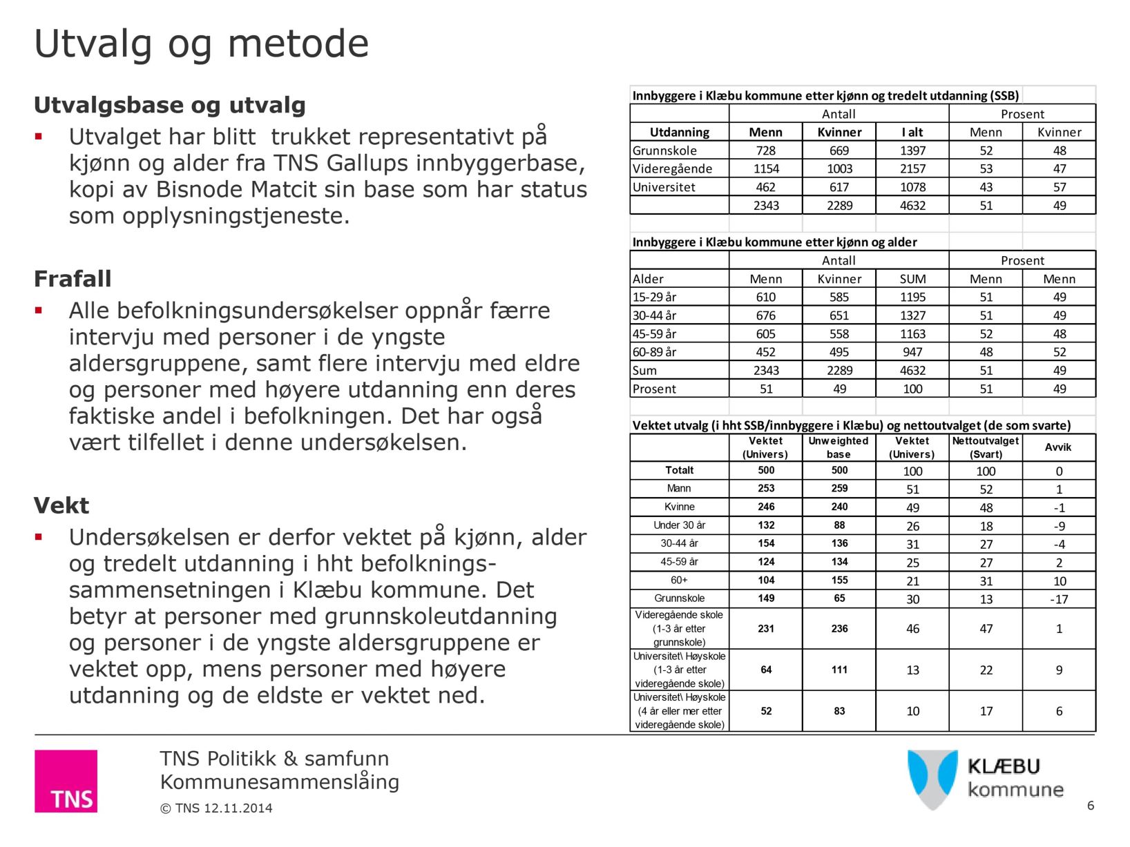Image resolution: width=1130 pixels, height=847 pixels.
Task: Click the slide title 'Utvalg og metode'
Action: pyautogui.click(x=201, y=44)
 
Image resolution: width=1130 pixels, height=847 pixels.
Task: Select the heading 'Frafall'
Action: pyautogui.click(x=73, y=279)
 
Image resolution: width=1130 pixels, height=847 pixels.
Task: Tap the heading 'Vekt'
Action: pyautogui.click(x=61, y=506)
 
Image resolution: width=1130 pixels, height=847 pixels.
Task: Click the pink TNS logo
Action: pyautogui.click(x=66, y=781)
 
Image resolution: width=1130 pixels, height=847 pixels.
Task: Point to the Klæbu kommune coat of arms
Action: pyautogui.click(x=932, y=779)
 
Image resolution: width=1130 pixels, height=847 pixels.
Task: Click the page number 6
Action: pyautogui.click(x=1091, y=806)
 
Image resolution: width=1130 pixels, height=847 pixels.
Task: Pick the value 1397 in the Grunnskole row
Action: pyautogui.click(x=912, y=150)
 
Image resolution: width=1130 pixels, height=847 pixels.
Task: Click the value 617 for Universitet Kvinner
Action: pyautogui.click(x=839, y=187)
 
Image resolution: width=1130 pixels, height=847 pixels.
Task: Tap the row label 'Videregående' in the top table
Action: pyautogui.click(x=672, y=168)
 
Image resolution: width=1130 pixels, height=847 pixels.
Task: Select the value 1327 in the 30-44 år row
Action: pyautogui.click(x=912, y=315)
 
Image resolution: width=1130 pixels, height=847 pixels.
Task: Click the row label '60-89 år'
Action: pyautogui.click(x=654, y=352)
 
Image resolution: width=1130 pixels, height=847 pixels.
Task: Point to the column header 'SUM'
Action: pyautogui.click(x=912, y=279)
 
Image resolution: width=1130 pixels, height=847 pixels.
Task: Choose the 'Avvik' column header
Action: pyautogui.click(x=1058, y=447)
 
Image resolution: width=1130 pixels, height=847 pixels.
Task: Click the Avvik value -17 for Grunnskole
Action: pyautogui.click(x=1059, y=599)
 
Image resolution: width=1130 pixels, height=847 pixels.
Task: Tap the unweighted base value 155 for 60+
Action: pyautogui.click(x=839, y=581)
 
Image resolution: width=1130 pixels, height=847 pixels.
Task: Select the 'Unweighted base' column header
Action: pyautogui.click(x=839, y=447)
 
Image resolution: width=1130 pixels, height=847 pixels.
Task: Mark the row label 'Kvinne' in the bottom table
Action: pyautogui.click(x=679, y=507)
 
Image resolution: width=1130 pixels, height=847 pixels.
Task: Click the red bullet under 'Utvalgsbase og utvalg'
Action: pyautogui.click(x=39, y=137)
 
